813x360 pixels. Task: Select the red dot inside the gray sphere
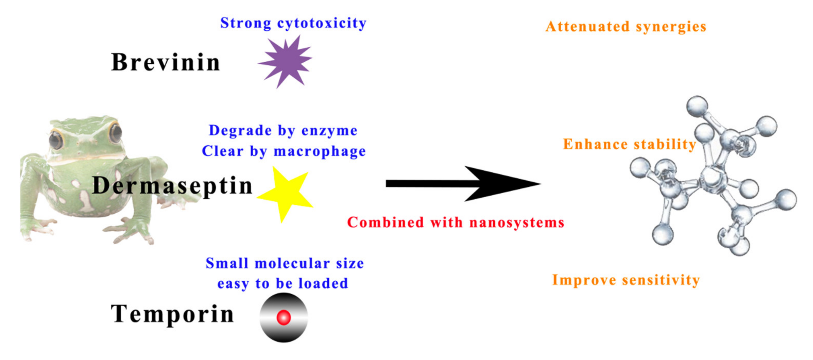(x=284, y=317)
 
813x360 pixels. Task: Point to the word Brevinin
(x=165, y=62)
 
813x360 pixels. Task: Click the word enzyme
(x=329, y=131)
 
